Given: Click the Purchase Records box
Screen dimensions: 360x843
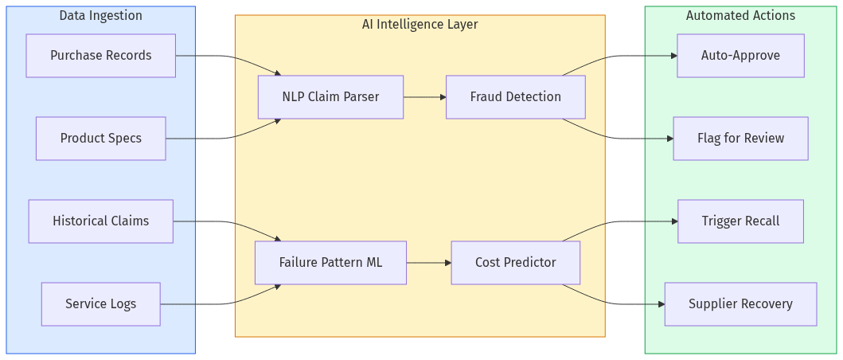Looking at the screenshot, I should tap(100, 56).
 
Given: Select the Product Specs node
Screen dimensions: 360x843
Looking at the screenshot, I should tap(100, 139).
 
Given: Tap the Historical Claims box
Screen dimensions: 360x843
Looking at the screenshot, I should tap(100, 221).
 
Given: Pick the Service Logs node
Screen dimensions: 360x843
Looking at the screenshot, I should tap(100, 304).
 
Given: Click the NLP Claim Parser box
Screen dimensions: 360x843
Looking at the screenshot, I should tap(330, 97).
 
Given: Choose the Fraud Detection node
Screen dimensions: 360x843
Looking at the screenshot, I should tap(515, 97).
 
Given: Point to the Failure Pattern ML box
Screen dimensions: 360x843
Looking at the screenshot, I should tap(330, 263).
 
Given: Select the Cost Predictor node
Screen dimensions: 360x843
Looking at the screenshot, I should tap(515, 263).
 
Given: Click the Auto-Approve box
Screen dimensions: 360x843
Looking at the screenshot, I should tap(740, 56).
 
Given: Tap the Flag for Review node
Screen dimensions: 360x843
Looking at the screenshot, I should tap(740, 139).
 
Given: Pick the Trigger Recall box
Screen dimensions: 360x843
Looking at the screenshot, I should tap(740, 221).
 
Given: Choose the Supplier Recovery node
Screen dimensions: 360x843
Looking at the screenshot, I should tap(740, 304).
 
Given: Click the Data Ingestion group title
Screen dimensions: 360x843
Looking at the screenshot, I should tap(100, 16).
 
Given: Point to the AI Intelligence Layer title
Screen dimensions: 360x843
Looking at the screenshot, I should tap(420, 25).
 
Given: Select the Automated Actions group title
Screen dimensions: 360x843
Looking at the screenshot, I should tap(740, 16).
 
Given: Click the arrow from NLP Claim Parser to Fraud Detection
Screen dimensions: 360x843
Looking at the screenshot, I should tap(424, 97).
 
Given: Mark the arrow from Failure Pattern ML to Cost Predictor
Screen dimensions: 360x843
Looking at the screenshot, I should tap(428, 263).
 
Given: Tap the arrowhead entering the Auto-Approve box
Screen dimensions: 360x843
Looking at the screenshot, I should tap(673, 56).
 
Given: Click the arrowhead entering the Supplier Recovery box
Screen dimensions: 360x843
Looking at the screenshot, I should tap(661, 304).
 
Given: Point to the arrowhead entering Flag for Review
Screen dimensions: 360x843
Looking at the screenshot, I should tap(669, 139).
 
